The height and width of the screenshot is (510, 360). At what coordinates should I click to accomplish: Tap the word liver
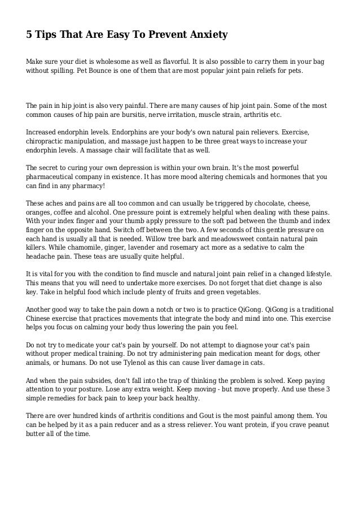219,363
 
